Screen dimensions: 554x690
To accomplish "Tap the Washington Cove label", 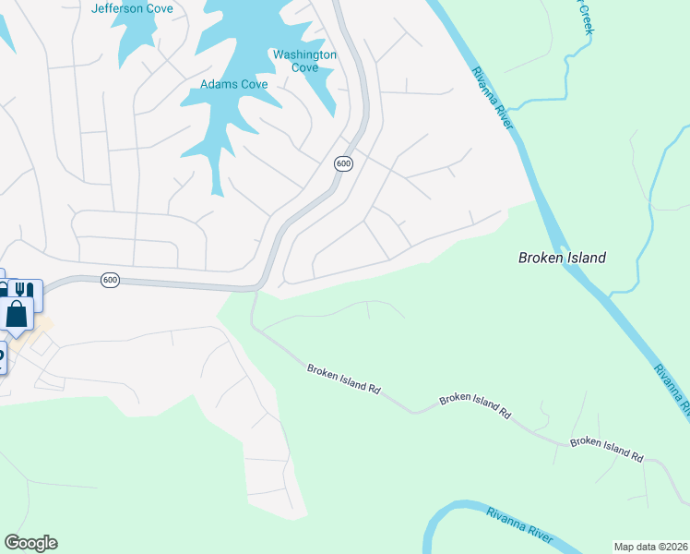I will point(304,61).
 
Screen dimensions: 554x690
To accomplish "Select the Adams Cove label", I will point(234,85).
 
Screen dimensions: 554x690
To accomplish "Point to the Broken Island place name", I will point(562,258).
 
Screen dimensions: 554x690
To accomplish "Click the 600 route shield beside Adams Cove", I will point(343,163).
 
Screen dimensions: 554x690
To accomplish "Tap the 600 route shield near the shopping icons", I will point(110,280).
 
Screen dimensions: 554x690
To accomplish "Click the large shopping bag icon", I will point(18,314).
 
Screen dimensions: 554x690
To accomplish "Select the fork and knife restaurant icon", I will point(27,290).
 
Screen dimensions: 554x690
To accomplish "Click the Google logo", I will point(30,543).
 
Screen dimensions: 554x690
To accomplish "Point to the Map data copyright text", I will point(651,547).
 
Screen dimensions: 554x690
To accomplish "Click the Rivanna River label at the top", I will point(489,98).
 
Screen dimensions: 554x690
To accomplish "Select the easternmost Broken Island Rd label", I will point(606,448).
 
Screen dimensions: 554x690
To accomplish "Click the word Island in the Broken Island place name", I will point(584,258).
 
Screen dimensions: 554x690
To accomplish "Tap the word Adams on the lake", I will point(219,85).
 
